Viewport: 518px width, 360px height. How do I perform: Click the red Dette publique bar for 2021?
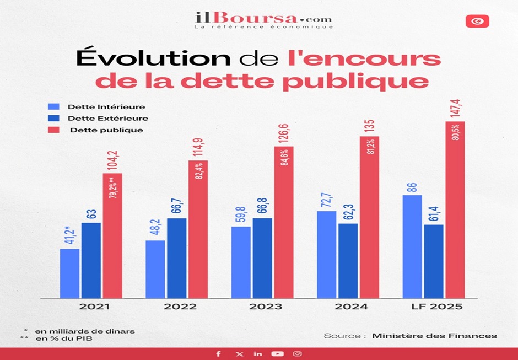112,236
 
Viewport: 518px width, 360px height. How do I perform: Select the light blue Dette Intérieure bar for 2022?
155,269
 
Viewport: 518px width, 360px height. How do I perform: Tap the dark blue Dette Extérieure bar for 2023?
262,258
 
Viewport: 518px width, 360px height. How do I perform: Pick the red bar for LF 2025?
455,209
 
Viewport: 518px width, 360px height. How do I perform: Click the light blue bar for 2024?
326,254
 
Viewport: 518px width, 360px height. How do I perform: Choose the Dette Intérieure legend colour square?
53,106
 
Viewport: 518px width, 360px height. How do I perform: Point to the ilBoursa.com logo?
263,19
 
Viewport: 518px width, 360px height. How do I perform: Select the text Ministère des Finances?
434,335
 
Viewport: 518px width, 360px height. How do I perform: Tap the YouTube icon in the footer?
278,353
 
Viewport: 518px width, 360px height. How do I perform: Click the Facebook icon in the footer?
219,353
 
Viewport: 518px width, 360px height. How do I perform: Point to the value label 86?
412,186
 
